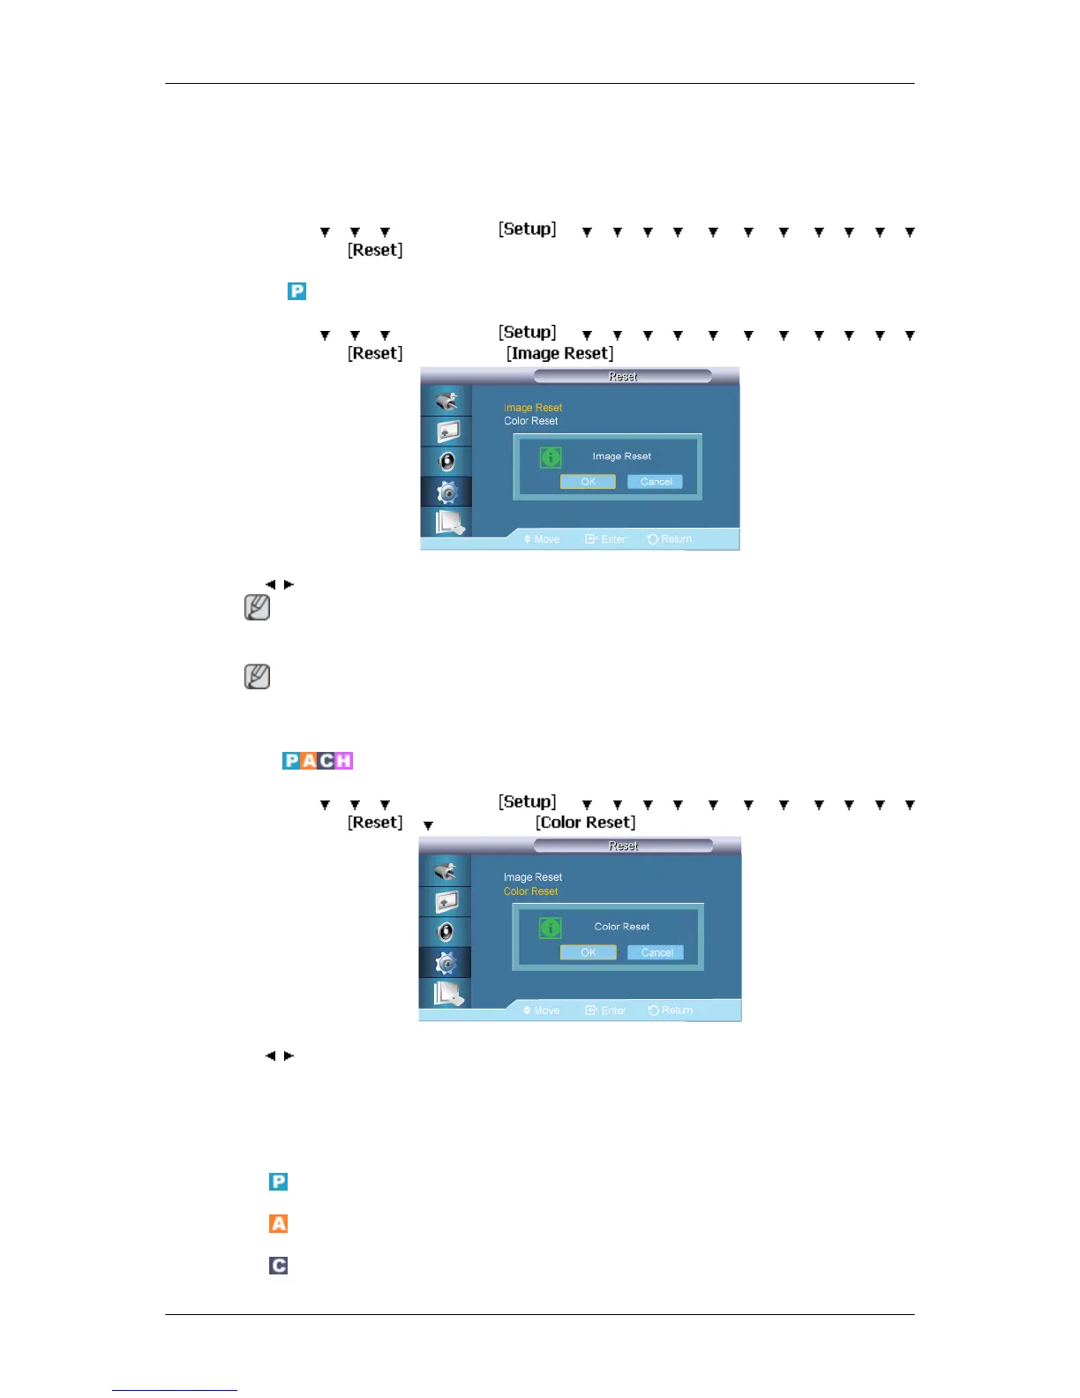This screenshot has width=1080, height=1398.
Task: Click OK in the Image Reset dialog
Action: [588, 482]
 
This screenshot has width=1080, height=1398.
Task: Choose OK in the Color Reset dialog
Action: [588, 952]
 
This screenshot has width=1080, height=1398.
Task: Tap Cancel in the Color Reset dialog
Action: [656, 952]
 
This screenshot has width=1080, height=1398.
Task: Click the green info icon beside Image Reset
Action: [551, 457]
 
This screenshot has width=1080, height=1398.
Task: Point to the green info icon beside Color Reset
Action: [551, 928]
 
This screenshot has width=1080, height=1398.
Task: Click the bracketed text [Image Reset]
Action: [559, 353]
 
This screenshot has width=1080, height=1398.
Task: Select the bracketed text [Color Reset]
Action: [585, 823]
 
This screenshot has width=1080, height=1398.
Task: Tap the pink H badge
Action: [344, 761]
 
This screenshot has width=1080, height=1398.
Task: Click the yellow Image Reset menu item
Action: [532, 408]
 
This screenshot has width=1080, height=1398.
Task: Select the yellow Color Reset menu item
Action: [530, 891]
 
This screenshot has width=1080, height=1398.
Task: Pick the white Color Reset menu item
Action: [530, 421]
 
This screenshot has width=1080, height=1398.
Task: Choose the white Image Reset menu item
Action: [532, 877]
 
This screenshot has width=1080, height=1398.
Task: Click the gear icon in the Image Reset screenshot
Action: [447, 492]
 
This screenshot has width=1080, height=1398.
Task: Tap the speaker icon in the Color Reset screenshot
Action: [446, 932]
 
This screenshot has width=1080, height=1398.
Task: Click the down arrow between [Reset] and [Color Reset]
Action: [428, 826]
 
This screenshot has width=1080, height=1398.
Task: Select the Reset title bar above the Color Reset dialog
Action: [623, 846]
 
